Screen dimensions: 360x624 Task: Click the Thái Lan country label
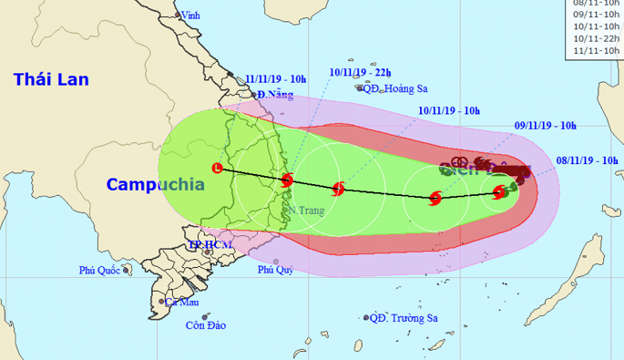[x=51, y=80]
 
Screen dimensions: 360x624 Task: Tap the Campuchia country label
[x=154, y=184]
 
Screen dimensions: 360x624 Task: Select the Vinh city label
[x=189, y=15]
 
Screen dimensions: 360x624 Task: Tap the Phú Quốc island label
[x=99, y=270]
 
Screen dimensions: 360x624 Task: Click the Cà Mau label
[x=181, y=302]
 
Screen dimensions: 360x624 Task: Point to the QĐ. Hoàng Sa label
[x=394, y=88]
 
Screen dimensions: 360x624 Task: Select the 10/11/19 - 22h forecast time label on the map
[x=361, y=71]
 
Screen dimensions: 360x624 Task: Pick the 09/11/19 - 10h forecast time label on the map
[x=546, y=126]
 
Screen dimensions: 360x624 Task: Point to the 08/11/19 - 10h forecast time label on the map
[x=588, y=159]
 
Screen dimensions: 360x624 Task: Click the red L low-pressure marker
[x=217, y=168]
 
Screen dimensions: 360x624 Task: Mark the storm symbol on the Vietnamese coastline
[x=287, y=180]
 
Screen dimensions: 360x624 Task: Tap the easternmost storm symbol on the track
[x=499, y=191]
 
